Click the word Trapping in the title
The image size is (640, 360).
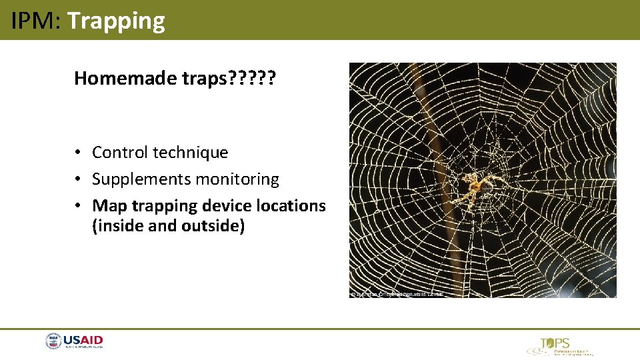tap(116, 21)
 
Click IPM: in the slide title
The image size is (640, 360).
tap(36, 21)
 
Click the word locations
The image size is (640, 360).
tap(284, 206)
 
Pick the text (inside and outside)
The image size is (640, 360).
tap(169, 226)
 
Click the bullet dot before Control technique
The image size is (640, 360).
tap(78, 153)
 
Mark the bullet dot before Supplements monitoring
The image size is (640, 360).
tap(78, 179)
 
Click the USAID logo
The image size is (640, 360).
tap(74, 342)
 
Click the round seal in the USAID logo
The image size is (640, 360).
tap(53, 342)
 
